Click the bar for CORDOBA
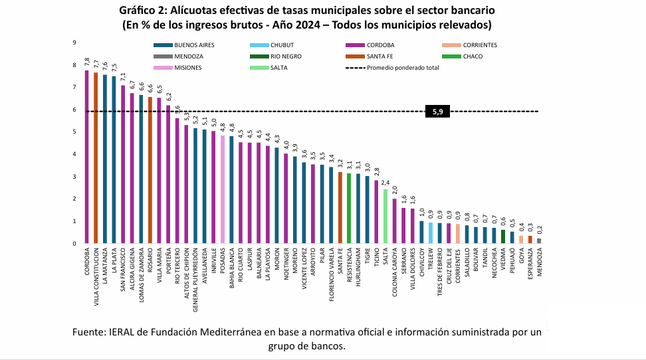click(86, 157)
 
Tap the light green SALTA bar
click(385, 217)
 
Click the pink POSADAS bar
click(223, 189)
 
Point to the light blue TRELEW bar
click(430, 233)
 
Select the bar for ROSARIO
click(150, 170)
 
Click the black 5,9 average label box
click(437, 112)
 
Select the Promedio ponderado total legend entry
click(392, 68)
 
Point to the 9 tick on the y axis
click(74, 43)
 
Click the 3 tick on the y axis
click(74, 177)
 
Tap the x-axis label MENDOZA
click(539, 263)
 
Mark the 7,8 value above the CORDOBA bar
click(87, 62)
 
